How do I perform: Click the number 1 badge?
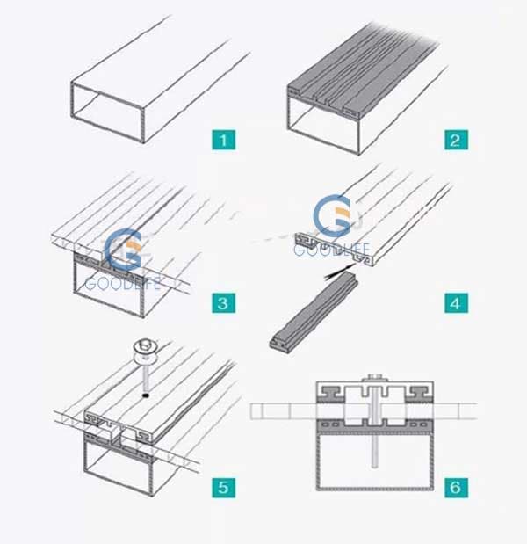click(x=224, y=140)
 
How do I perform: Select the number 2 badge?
click(x=456, y=140)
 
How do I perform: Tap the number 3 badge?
click(x=224, y=304)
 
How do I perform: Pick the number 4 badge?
click(x=456, y=304)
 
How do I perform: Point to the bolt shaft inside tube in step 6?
click(x=373, y=457)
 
